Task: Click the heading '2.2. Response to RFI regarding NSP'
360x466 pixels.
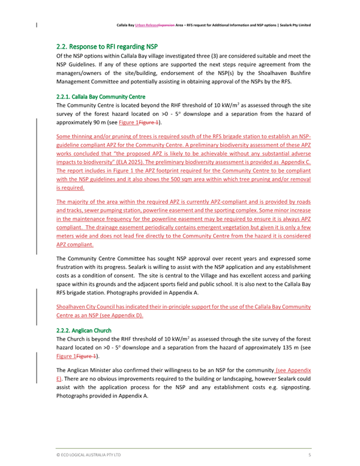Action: pyautogui.click(x=107, y=46)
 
